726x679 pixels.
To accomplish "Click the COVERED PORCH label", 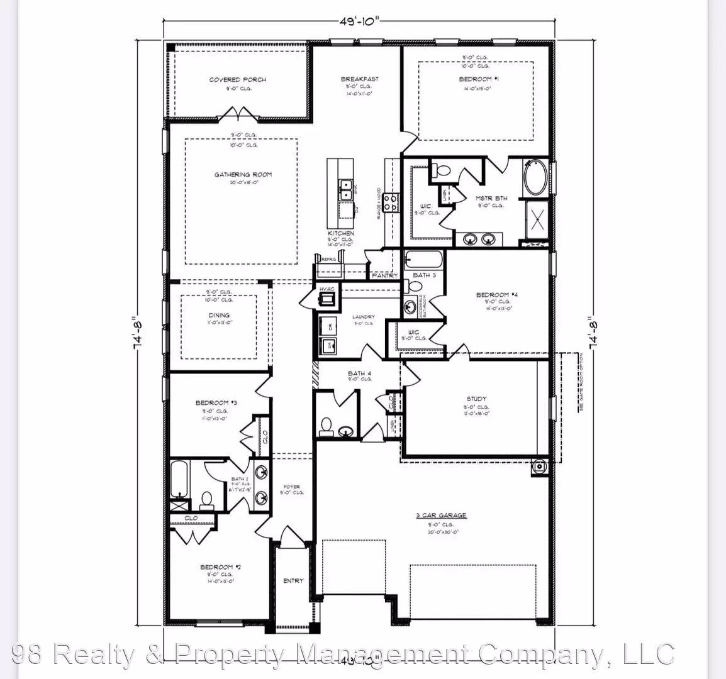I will tap(237, 80).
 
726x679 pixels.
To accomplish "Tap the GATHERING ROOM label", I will tap(243, 174).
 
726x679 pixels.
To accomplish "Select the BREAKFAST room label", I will tap(359, 79).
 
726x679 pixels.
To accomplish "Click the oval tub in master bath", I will tap(535, 179).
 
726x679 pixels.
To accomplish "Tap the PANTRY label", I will tap(384, 275).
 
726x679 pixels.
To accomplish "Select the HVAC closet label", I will tap(327, 289).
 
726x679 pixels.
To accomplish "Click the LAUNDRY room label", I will tap(364, 317).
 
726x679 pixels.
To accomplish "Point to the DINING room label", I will tap(219, 315).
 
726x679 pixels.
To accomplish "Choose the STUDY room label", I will tap(476, 399).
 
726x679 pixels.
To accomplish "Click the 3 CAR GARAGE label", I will tap(441, 516).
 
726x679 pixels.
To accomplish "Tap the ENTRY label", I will tap(293, 581).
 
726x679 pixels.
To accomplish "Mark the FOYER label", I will tap(291, 487).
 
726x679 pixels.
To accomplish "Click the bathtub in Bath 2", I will tap(179, 479).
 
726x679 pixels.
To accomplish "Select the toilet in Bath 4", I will tap(326, 427).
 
